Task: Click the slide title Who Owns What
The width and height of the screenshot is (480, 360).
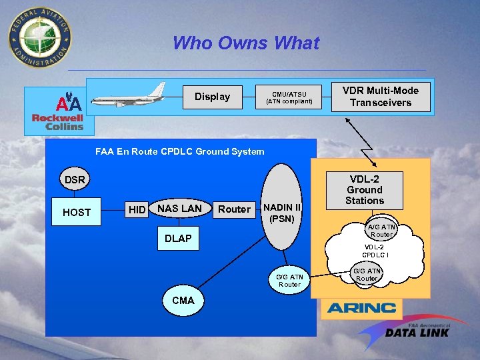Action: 246,43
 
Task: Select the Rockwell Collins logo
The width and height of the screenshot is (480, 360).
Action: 58,113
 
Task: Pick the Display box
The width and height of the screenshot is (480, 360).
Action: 212,97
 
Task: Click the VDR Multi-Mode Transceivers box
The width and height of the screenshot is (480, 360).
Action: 381,97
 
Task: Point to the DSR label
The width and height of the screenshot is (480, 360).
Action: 75,180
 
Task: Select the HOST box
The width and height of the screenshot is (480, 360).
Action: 77,212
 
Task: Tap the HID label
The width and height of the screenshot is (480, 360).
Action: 137,210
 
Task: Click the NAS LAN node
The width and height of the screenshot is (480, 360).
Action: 179,209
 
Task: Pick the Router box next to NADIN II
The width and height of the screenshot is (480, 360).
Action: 235,209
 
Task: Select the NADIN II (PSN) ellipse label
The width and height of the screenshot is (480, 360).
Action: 285,213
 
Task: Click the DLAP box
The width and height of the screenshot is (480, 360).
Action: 178,239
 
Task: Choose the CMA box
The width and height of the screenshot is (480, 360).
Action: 183,301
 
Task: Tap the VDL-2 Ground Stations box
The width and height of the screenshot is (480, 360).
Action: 365,189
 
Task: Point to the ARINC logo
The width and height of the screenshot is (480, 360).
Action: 361,308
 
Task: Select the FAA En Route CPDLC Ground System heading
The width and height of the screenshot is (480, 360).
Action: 180,151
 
